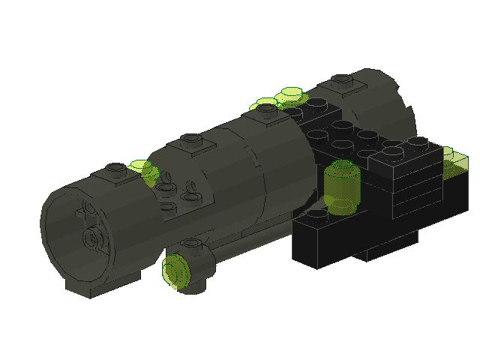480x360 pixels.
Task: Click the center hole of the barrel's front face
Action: (x=93, y=238)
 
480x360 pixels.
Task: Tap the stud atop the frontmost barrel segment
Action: (x=114, y=169)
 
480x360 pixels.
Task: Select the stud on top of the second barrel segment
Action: (x=192, y=139)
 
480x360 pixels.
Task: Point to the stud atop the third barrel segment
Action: (x=266, y=109)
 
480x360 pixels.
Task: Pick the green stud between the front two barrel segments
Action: (x=139, y=165)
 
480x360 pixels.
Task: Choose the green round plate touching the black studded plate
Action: (x=289, y=95)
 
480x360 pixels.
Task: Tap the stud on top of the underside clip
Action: (x=190, y=244)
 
